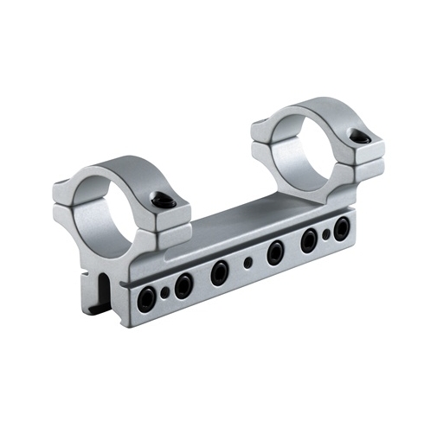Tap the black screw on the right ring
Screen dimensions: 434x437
point(362,136)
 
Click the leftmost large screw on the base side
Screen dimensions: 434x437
point(148,299)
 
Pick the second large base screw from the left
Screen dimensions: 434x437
point(183,284)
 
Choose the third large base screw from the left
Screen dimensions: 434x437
point(219,271)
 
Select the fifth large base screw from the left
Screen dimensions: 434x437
point(309,240)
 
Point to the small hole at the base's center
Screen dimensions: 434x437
point(248,262)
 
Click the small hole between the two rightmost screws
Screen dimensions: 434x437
point(326,234)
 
